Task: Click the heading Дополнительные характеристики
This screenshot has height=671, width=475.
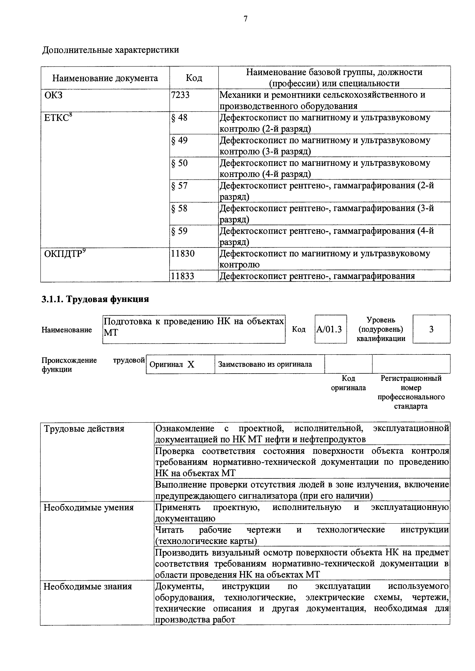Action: [x=111, y=50]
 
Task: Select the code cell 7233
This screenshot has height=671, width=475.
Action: [x=180, y=95]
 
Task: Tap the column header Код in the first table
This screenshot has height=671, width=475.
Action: [x=194, y=78]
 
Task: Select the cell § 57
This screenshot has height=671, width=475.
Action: [x=179, y=186]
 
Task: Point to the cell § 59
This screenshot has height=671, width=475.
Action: [x=179, y=231]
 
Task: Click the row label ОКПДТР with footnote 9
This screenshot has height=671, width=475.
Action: [x=65, y=253]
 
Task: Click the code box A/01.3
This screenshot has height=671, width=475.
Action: [x=331, y=329]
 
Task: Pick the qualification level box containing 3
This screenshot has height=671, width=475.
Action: [x=431, y=329]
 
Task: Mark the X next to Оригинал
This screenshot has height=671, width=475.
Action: [x=191, y=364]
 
